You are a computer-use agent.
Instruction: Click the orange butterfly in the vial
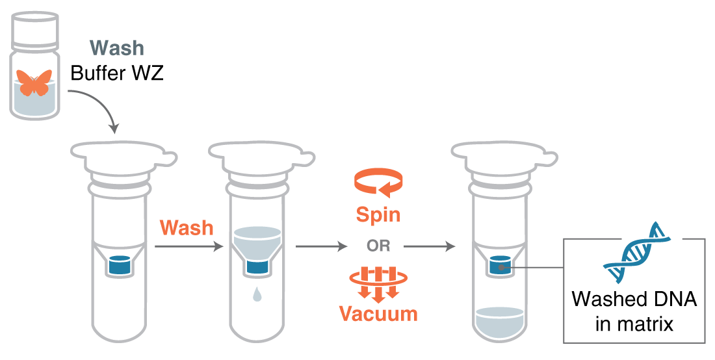34,83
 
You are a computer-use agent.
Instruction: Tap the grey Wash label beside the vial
117,48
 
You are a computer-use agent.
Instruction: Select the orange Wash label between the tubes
187,228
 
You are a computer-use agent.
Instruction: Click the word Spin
378,214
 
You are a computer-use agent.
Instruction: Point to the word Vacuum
378,314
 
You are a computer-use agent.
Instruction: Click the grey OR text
378,247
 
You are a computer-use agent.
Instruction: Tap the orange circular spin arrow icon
378,182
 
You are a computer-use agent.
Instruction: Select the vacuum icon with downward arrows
378,283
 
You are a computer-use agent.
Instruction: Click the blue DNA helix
636,253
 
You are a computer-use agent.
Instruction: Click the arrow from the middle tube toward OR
322,247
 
